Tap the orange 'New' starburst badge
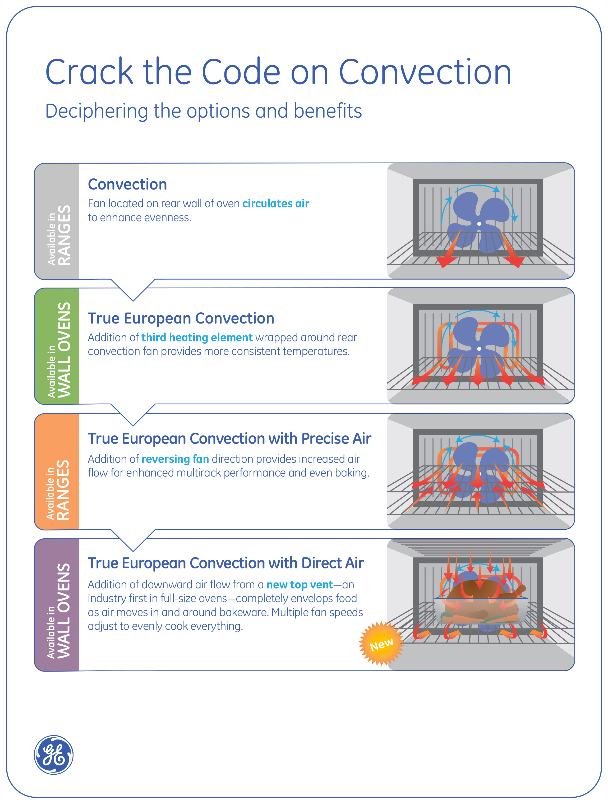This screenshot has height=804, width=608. (381, 644)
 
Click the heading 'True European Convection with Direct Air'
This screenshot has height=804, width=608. (225, 563)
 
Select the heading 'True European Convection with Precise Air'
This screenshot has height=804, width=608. (229, 438)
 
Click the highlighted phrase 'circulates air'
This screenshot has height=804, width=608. (276, 204)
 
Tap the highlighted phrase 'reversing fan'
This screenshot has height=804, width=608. (175, 459)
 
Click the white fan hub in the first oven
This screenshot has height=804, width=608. (479, 224)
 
